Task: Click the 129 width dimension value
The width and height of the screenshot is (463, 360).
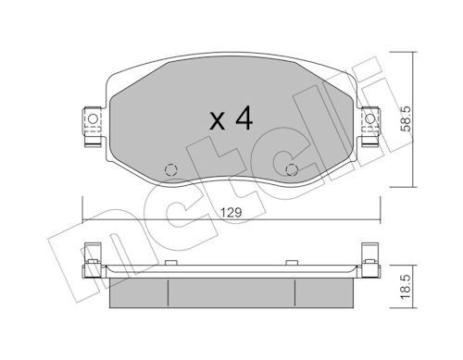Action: tap(231, 213)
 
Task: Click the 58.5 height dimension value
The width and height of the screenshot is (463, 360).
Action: tap(407, 119)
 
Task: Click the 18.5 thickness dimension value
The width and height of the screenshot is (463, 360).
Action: tap(407, 287)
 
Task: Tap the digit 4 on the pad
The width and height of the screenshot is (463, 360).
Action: tap(244, 118)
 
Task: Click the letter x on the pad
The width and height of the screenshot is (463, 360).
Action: tap(218, 121)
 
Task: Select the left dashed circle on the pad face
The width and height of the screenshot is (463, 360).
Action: tap(171, 169)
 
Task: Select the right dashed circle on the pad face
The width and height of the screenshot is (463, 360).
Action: tap(292, 169)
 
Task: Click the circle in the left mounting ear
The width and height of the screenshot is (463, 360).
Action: tap(93, 118)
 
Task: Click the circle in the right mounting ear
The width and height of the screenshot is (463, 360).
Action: tap(369, 118)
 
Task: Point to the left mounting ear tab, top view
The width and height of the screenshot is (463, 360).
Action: tap(93, 126)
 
